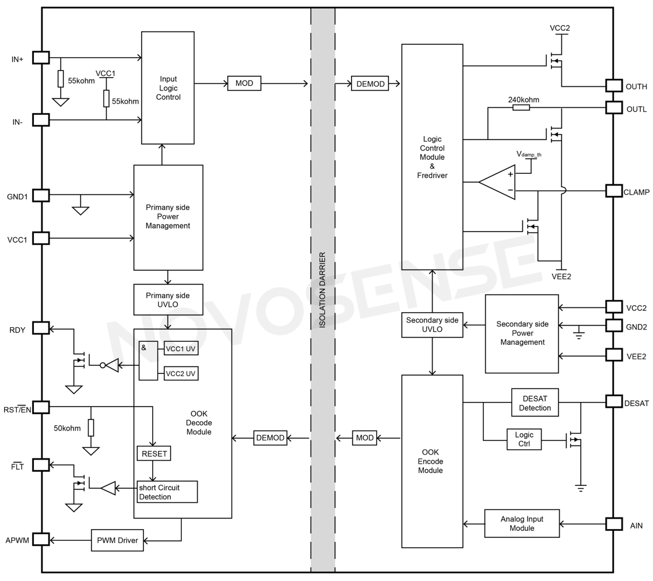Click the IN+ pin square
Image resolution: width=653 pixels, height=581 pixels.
tap(41, 57)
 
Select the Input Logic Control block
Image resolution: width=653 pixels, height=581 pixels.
tap(168, 87)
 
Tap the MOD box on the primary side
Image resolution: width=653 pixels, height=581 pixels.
tap(244, 83)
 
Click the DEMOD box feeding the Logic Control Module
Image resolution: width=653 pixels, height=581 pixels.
tap(370, 84)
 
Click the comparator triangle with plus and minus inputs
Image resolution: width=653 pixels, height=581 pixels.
tap(499, 182)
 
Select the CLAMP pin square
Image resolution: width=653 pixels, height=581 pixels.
tap(614, 191)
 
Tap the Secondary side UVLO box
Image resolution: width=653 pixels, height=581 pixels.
tap(432, 325)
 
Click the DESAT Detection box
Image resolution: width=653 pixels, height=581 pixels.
tap(535, 403)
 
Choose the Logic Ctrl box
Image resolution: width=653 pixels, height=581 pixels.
tap(524, 439)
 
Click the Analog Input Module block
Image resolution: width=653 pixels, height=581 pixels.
tap(522, 523)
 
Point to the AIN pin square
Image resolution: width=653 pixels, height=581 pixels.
tap(614, 524)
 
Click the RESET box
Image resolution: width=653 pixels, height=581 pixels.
tap(154, 453)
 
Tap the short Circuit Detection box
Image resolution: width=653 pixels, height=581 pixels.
tap(167, 492)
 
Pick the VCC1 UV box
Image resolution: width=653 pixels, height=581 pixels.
tap(181, 349)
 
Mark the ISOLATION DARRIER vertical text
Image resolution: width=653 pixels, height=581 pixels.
tap(322, 290)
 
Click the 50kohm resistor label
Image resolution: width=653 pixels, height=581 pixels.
tap(67, 428)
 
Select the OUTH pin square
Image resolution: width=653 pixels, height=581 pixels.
tap(614, 85)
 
